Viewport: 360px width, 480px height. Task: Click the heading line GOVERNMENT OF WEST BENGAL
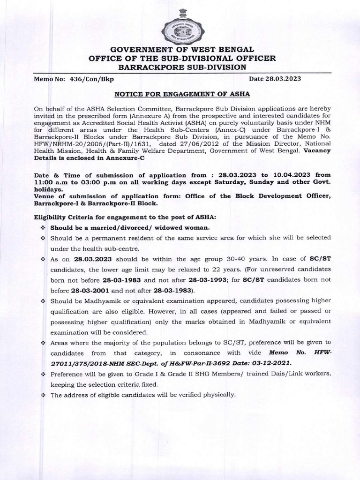point(180,49)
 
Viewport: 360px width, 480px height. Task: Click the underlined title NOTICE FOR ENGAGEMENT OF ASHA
point(180,94)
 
